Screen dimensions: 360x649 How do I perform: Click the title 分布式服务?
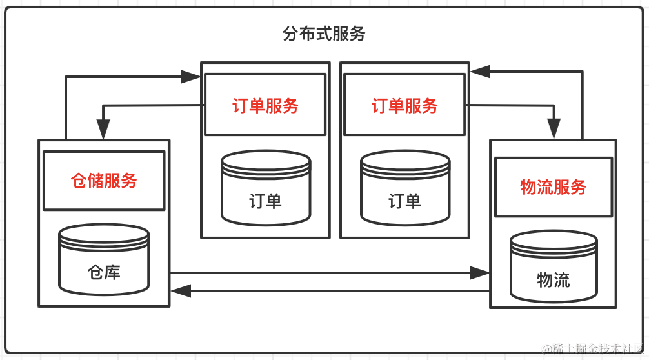click(x=324, y=34)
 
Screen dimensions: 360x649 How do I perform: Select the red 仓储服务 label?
click(x=104, y=181)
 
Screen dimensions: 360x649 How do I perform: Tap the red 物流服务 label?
click(x=553, y=187)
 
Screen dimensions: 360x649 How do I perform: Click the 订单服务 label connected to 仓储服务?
click(x=265, y=105)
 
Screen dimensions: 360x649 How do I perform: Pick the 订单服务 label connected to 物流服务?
click(x=404, y=105)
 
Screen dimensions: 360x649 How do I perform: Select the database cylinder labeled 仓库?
click(x=104, y=258)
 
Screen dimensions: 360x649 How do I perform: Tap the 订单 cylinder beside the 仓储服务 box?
click(x=265, y=187)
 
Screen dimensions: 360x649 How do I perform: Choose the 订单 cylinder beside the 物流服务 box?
click(x=404, y=187)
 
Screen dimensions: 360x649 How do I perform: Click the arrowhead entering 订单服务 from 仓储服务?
click(x=191, y=77)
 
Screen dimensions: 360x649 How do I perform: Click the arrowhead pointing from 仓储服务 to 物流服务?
click(x=480, y=273)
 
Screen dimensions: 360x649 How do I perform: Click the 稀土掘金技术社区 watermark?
click(x=594, y=349)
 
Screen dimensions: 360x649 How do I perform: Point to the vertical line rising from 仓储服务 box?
click(x=66, y=108)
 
